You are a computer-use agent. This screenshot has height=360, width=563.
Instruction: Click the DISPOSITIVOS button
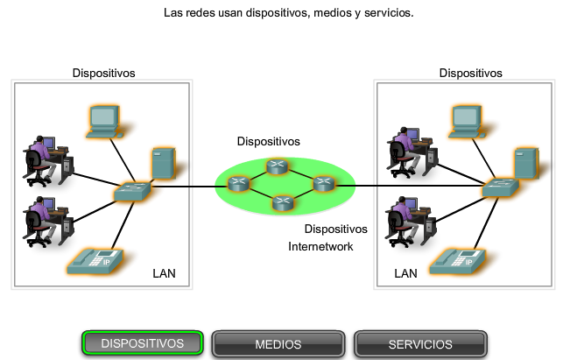tap(143, 344)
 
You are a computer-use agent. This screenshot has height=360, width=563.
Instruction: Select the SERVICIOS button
tap(420, 344)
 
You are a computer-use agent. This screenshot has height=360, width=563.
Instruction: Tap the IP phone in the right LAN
tap(458, 260)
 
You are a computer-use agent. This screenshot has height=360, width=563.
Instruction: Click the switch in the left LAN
tap(132, 189)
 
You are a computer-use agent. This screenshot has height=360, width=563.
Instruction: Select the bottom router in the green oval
tap(281, 202)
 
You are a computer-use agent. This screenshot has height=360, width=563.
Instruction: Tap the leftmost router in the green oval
tap(238, 184)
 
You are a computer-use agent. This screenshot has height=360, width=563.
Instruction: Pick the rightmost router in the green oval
tap(324, 183)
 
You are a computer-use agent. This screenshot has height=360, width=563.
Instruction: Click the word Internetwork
tap(320, 247)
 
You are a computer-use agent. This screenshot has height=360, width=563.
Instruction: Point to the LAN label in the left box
tap(164, 273)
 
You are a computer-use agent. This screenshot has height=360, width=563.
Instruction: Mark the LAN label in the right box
tap(405, 273)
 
